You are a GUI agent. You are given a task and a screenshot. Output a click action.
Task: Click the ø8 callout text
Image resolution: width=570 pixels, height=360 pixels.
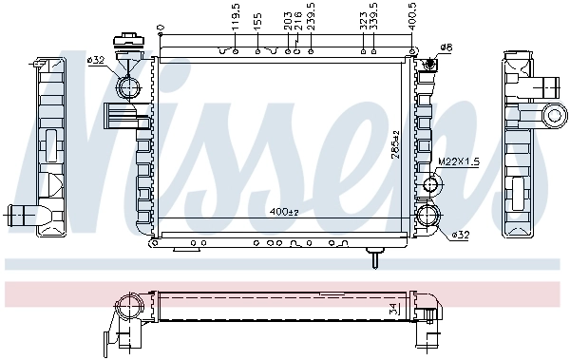(x=446, y=47)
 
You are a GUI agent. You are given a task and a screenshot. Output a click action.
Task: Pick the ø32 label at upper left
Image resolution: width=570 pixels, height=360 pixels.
(x=96, y=60)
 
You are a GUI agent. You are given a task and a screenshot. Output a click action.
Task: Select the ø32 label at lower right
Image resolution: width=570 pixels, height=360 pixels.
(x=460, y=234)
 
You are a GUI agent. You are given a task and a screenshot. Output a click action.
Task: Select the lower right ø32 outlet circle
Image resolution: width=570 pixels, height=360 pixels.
(x=427, y=216)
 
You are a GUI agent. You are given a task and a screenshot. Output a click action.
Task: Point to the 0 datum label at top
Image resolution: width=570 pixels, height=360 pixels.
(x=161, y=26)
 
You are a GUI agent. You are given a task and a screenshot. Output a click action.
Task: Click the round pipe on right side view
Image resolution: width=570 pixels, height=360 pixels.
(x=553, y=117)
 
